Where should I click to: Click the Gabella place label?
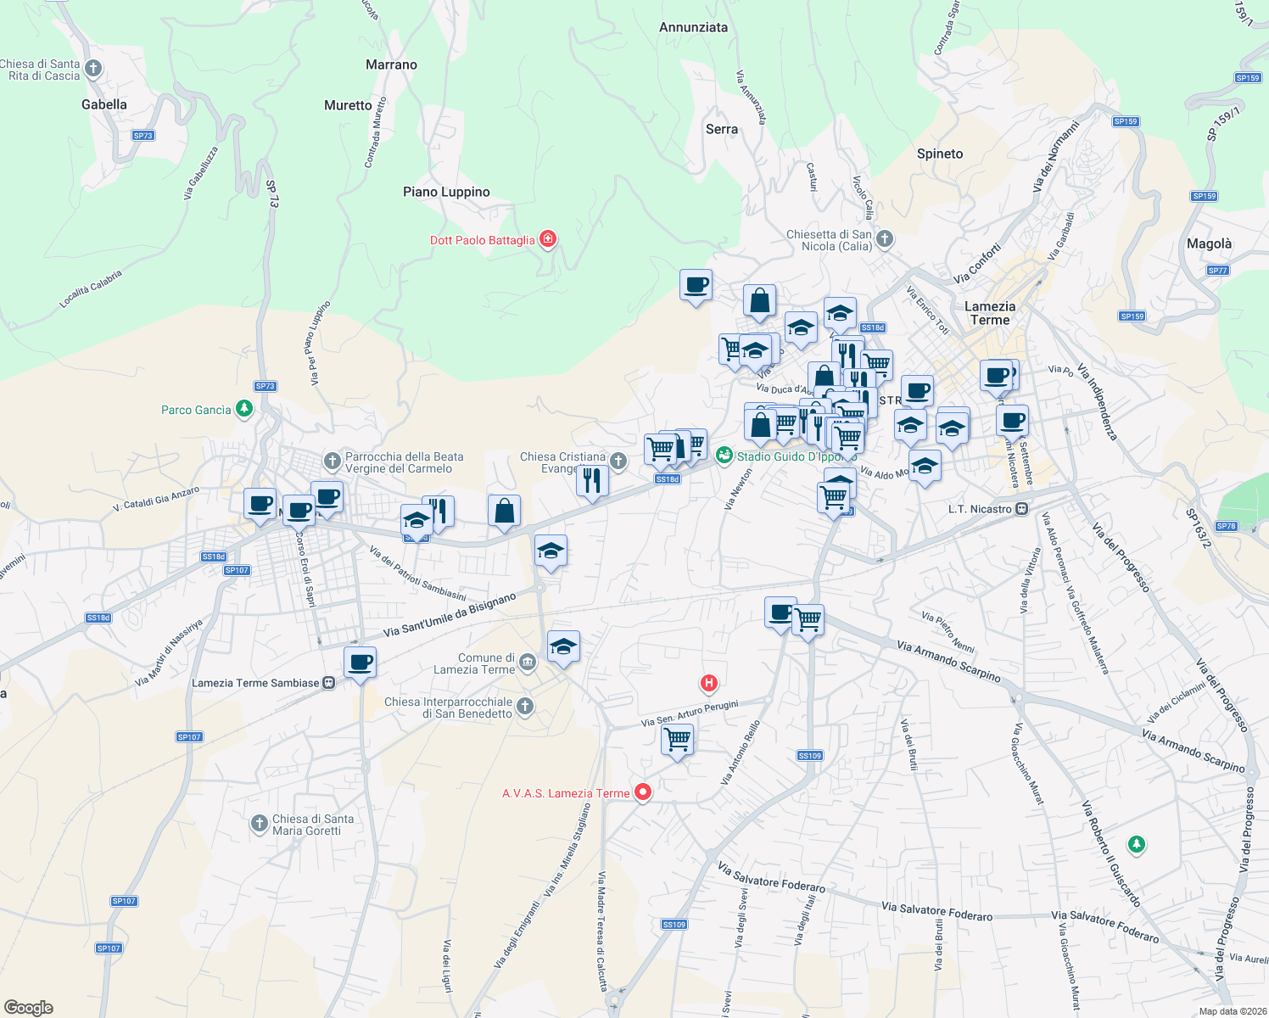click(104, 104)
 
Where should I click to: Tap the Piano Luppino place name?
click(446, 192)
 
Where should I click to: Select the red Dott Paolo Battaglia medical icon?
click(548, 239)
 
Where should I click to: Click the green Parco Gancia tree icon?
click(244, 410)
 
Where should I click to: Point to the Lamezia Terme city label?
click(990, 313)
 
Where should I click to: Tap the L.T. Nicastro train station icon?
click(1022, 509)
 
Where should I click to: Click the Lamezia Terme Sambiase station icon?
click(329, 683)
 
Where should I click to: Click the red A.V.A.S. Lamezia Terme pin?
click(643, 792)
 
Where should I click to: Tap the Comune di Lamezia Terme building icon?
click(528, 662)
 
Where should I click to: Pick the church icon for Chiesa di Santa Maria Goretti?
click(260, 824)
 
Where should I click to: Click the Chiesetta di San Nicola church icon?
click(885, 239)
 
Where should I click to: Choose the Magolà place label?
click(1209, 243)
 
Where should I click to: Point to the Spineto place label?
click(940, 154)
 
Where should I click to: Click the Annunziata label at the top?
click(693, 27)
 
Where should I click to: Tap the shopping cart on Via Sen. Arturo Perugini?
click(678, 740)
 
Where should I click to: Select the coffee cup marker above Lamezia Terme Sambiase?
click(360, 662)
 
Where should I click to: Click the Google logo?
click(29, 1007)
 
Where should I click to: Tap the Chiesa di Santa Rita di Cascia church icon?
click(93, 69)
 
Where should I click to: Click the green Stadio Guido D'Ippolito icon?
click(724, 456)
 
